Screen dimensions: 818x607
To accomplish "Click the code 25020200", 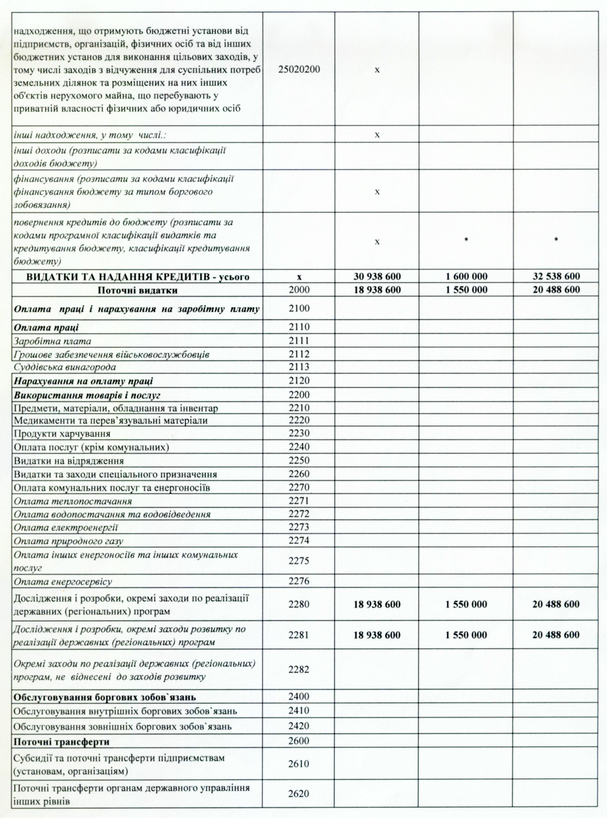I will (x=299, y=70).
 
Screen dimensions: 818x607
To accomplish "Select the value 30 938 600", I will (x=377, y=276).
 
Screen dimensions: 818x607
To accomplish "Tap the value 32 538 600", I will (x=556, y=276).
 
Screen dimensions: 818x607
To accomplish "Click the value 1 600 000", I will (x=466, y=276).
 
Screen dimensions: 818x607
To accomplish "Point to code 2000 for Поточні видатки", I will (x=299, y=290).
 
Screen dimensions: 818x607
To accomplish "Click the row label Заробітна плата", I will (x=53, y=341).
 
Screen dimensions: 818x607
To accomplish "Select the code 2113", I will (x=299, y=367).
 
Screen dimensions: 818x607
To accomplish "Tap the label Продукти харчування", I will (x=62, y=434).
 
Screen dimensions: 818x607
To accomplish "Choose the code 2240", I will (x=299, y=447).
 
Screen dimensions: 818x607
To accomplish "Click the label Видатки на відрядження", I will (x=69, y=461).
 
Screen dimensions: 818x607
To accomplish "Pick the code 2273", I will (x=299, y=527).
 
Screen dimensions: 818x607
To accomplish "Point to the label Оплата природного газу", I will (x=69, y=541).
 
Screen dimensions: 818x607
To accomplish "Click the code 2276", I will (x=299, y=581).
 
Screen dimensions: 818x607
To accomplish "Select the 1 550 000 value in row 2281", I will (x=466, y=635).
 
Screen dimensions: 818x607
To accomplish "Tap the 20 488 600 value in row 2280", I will (x=556, y=604).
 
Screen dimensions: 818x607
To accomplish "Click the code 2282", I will (x=299, y=669).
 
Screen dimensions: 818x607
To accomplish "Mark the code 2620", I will (x=299, y=794).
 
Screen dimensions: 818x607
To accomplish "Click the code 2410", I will (x=299, y=711).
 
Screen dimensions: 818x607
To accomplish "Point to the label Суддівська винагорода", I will (x=64, y=367).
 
